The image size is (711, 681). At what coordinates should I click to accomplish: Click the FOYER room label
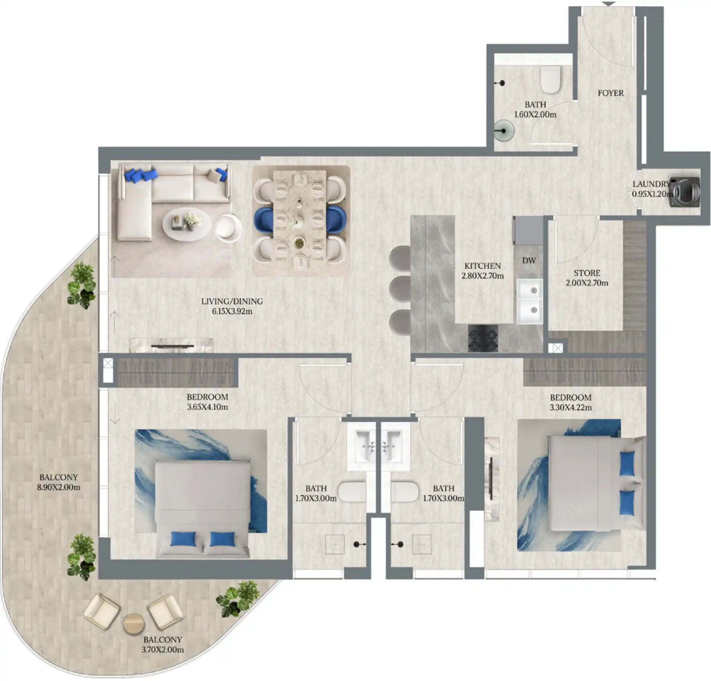click(x=611, y=93)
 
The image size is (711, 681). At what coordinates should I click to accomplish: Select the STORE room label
click(x=587, y=273)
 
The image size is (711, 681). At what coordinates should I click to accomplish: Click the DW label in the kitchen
click(x=529, y=261)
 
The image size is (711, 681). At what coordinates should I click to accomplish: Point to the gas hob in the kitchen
click(x=483, y=339)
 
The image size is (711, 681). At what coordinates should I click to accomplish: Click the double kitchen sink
click(x=530, y=301)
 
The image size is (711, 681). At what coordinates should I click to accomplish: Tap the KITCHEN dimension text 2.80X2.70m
click(x=482, y=276)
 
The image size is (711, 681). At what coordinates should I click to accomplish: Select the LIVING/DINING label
click(x=232, y=301)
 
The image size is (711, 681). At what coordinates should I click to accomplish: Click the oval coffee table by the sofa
click(x=187, y=224)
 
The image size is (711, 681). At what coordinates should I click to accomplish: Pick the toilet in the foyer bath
click(x=550, y=79)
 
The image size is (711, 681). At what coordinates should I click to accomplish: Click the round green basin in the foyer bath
click(x=504, y=131)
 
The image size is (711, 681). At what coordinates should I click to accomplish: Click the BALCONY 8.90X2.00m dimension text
click(x=58, y=487)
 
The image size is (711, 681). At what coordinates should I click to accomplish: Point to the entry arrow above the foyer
click(x=609, y=4)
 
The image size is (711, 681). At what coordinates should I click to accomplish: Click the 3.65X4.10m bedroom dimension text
click(x=207, y=407)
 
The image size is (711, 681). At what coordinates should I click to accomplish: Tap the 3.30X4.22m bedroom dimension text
click(x=571, y=408)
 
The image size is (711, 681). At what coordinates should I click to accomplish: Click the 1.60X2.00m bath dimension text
click(x=535, y=114)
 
